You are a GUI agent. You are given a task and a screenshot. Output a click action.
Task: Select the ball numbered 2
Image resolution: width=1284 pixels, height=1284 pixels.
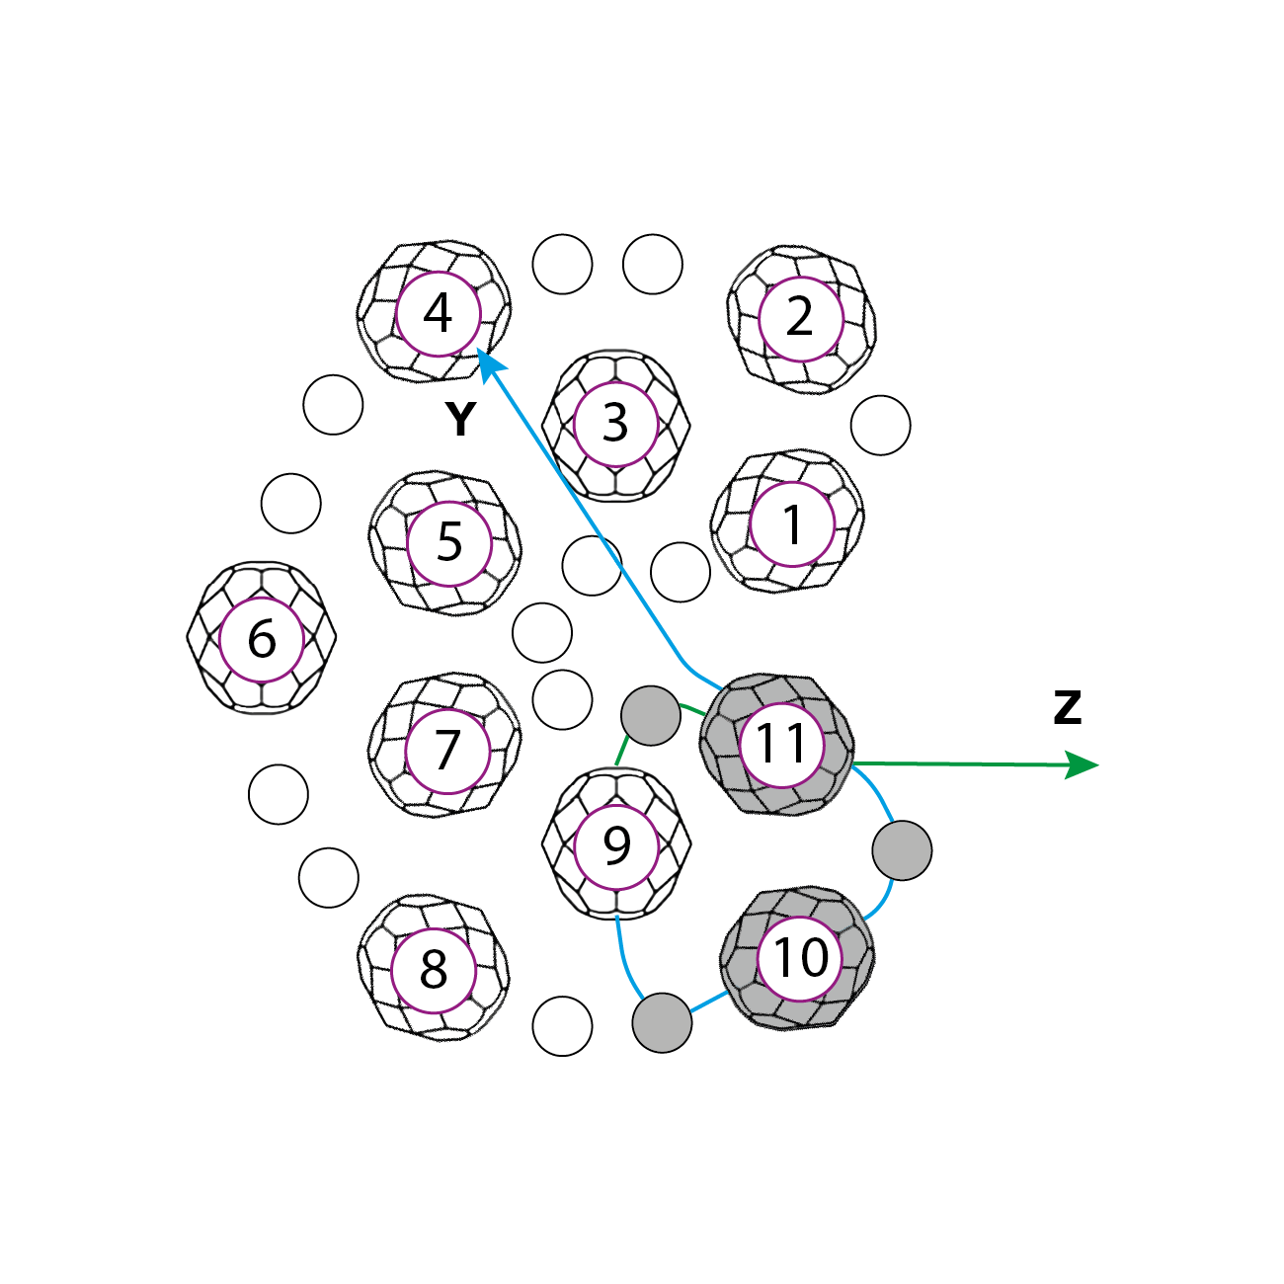(800, 318)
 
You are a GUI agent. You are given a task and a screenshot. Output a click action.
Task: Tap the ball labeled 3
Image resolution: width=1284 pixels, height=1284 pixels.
(616, 424)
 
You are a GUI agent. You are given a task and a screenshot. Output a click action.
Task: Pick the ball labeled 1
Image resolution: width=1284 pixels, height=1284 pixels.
(790, 523)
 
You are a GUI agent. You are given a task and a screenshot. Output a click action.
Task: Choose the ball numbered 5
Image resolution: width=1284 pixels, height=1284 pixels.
(447, 542)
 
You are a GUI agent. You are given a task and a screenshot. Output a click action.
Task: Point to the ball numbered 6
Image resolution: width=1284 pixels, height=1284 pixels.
(262, 638)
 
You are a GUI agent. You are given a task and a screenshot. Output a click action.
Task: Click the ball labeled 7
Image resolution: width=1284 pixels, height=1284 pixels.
(446, 750)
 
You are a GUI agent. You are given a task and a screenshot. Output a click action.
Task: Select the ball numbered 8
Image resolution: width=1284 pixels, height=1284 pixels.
(434, 969)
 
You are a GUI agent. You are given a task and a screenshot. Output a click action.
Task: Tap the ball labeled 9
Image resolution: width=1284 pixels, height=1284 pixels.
(616, 844)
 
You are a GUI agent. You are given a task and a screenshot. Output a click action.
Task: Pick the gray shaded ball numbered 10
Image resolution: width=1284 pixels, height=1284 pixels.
(798, 957)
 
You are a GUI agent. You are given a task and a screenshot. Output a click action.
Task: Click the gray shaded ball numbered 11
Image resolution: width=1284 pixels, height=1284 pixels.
(779, 744)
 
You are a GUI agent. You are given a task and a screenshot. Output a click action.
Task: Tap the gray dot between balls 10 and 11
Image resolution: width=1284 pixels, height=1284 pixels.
(902, 850)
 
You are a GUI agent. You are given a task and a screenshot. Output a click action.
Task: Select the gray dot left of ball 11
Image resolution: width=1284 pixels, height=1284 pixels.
(651, 716)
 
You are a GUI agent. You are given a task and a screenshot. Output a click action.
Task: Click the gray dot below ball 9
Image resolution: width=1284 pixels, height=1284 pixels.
(662, 1022)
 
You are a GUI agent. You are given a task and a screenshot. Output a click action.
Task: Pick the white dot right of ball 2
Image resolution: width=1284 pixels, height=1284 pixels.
(880, 426)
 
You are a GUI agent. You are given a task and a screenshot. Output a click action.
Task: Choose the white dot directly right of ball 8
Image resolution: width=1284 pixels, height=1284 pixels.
(562, 1026)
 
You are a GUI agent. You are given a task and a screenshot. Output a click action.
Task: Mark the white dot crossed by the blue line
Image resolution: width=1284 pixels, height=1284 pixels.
(592, 566)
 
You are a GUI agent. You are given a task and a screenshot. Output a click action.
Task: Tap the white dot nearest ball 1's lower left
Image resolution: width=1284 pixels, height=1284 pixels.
(681, 572)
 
